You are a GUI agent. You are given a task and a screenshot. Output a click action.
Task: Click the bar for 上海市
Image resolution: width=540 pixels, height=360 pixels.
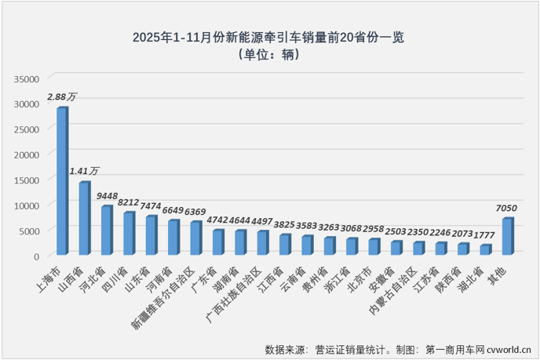coord(61,181)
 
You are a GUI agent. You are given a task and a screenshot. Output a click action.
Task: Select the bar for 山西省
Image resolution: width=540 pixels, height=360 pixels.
coord(83,218)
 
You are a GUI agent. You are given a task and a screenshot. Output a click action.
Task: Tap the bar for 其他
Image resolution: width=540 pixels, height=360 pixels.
coord(508,236)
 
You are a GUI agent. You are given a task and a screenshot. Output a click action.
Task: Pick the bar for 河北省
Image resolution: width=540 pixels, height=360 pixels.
coord(106,231)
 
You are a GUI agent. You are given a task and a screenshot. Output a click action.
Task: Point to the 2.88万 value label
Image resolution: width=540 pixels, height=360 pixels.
coord(62,96)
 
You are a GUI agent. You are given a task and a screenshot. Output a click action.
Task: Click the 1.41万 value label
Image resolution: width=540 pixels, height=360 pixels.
coord(85,170)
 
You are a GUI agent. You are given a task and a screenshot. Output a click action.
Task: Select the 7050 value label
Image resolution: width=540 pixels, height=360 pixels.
coord(509,206)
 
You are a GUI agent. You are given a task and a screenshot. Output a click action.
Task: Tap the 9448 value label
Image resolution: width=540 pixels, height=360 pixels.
coord(108,195)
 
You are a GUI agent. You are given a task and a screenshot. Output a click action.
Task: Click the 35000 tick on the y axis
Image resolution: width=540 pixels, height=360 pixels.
coord(26,78)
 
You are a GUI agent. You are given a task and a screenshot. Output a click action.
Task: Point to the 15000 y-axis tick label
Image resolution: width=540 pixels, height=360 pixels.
coord(26,180)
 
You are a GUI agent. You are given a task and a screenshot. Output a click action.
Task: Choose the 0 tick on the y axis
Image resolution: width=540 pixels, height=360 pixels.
coord(36,256)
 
